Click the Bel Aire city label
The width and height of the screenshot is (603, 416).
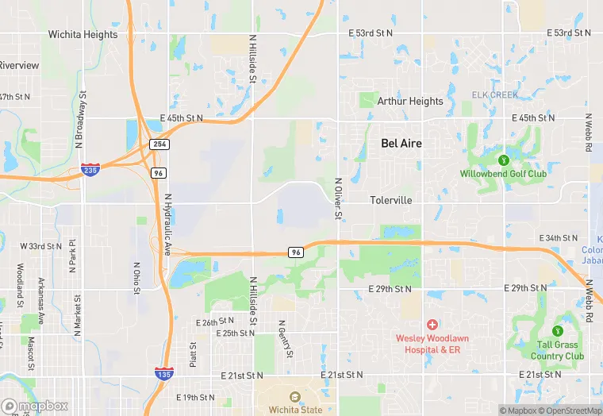(x=401, y=144)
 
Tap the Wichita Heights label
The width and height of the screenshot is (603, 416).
(x=83, y=35)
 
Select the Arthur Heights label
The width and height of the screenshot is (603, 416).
(x=410, y=102)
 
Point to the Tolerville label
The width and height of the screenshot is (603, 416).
(x=391, y=201)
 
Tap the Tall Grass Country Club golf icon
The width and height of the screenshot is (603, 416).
(x=557, y=330)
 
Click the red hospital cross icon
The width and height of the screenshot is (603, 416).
(x=432, y=324)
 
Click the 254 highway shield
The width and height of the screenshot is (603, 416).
(x=159, y=144)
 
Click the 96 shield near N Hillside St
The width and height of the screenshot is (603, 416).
(x=296, y=252)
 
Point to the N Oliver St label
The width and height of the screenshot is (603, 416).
(x=337, y=198)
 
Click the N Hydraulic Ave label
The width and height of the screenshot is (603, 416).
(x=167, y=224)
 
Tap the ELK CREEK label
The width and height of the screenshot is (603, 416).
(x=494, y=95)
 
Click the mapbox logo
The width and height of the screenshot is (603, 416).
(x=35, y=406)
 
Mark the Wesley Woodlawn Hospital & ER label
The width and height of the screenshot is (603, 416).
(x=432, y=344)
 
